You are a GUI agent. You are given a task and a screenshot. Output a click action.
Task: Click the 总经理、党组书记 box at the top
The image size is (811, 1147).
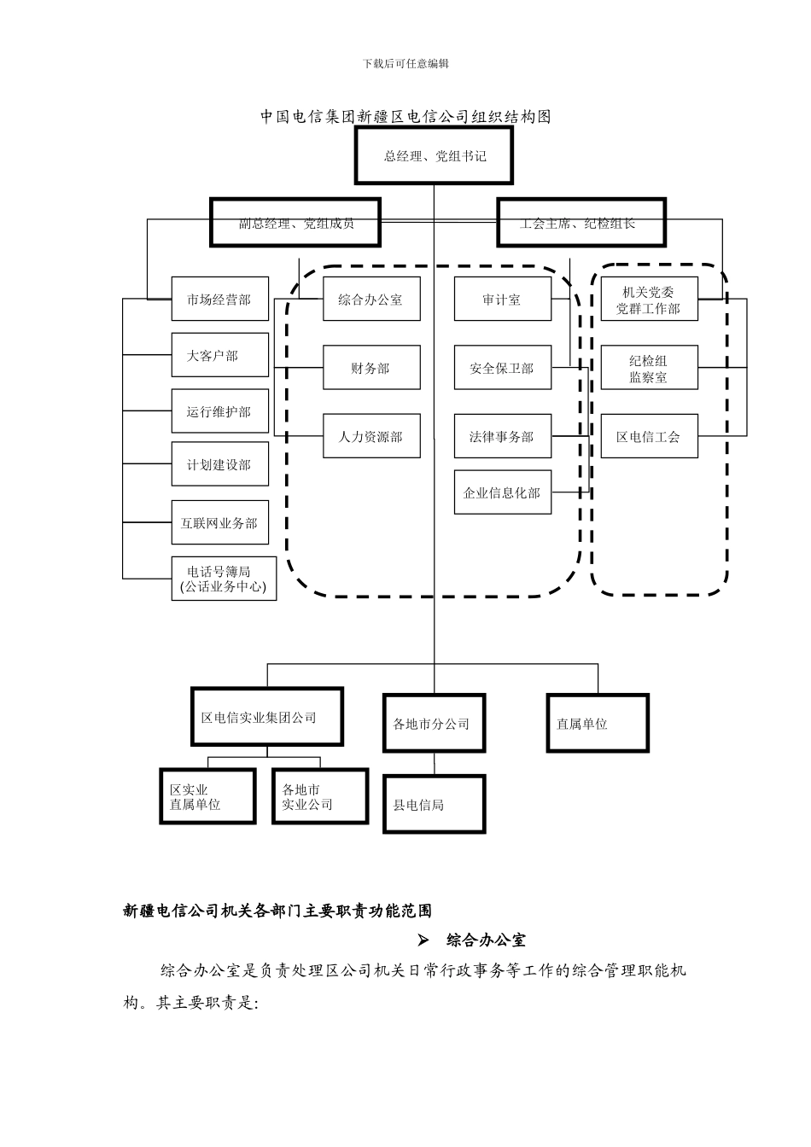pos(434,156)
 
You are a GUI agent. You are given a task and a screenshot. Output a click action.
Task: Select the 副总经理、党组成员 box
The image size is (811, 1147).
pos(295,224)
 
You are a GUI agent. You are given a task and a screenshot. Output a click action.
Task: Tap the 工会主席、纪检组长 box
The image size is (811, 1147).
pos(581,224)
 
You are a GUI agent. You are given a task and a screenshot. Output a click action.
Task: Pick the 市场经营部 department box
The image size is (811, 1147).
pos(219,300)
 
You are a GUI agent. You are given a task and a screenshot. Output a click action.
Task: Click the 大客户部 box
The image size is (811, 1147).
pos(219,355)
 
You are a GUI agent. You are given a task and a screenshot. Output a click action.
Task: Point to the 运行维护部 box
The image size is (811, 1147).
pos(219,411)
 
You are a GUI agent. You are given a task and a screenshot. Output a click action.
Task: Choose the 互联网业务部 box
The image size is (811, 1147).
pos(219,522)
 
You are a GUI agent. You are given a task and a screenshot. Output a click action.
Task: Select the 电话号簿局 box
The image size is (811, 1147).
pos(224,579)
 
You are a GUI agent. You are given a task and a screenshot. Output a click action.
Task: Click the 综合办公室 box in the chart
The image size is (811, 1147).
pos(371,300)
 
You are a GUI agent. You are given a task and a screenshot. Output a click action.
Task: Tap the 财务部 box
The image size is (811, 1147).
pos(371,368)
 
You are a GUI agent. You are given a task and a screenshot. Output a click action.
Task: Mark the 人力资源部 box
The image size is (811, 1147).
pos(371,436)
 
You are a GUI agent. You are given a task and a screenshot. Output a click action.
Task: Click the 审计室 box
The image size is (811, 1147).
pos(502,300)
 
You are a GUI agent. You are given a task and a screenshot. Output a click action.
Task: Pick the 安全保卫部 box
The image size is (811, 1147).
pos(502,368)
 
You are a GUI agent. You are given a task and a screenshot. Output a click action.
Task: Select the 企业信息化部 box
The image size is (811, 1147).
pos(502,492)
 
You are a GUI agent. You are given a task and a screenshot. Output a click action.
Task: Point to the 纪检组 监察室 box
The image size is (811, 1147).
pos(649,368)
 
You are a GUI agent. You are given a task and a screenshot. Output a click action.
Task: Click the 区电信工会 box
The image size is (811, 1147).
pos(649,436)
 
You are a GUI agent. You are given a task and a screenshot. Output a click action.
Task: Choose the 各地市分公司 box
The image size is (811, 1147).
pos(434,723)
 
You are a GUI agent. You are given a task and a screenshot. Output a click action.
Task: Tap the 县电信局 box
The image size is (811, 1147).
pos(434,804)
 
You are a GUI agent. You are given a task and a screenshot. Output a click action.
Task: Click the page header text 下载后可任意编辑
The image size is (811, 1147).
pos(405,64)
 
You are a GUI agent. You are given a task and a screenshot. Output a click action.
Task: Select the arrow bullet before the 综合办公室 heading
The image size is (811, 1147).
pos(423,940)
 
